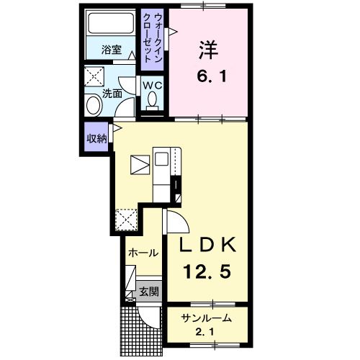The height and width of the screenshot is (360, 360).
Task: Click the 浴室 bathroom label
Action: (112, 50)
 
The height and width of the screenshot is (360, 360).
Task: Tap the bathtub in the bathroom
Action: (111, 23)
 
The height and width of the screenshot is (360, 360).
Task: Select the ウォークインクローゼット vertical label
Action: (152, 38)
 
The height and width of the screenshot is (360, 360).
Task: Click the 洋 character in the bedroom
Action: (208, 50)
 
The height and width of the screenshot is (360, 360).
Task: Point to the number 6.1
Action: (212, 76)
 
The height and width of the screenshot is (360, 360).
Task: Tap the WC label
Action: (152, 85)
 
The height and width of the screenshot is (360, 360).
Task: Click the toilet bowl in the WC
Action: (152, 99)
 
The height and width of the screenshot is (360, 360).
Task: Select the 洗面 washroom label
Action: (112, 94)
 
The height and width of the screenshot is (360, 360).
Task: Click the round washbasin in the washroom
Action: (94, 105)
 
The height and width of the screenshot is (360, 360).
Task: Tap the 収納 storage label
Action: (96, 138)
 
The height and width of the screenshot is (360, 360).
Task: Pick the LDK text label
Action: (208, 245)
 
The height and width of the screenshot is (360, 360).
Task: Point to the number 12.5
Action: (207, 271)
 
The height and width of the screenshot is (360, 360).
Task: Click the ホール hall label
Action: (143, 253)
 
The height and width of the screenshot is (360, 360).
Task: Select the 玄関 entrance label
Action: (149, 292)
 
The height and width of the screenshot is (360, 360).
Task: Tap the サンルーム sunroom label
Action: (207, 318)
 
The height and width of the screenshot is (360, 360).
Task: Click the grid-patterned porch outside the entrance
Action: (130, 331)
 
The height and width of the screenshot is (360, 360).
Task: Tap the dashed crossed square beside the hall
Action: (126, 220)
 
